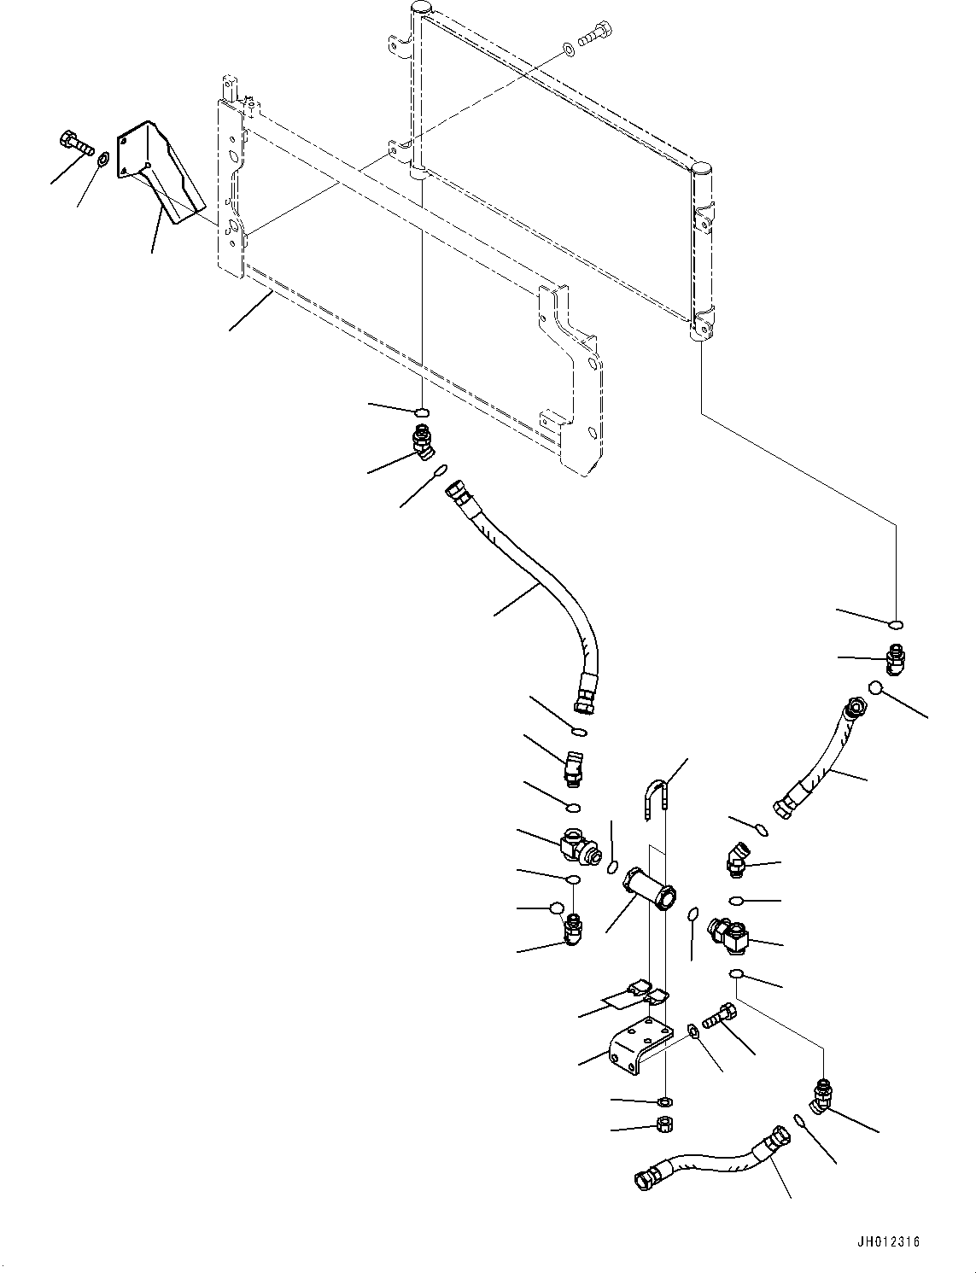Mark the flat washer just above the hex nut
coord(664,1103)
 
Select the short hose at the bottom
coord(709,1162)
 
